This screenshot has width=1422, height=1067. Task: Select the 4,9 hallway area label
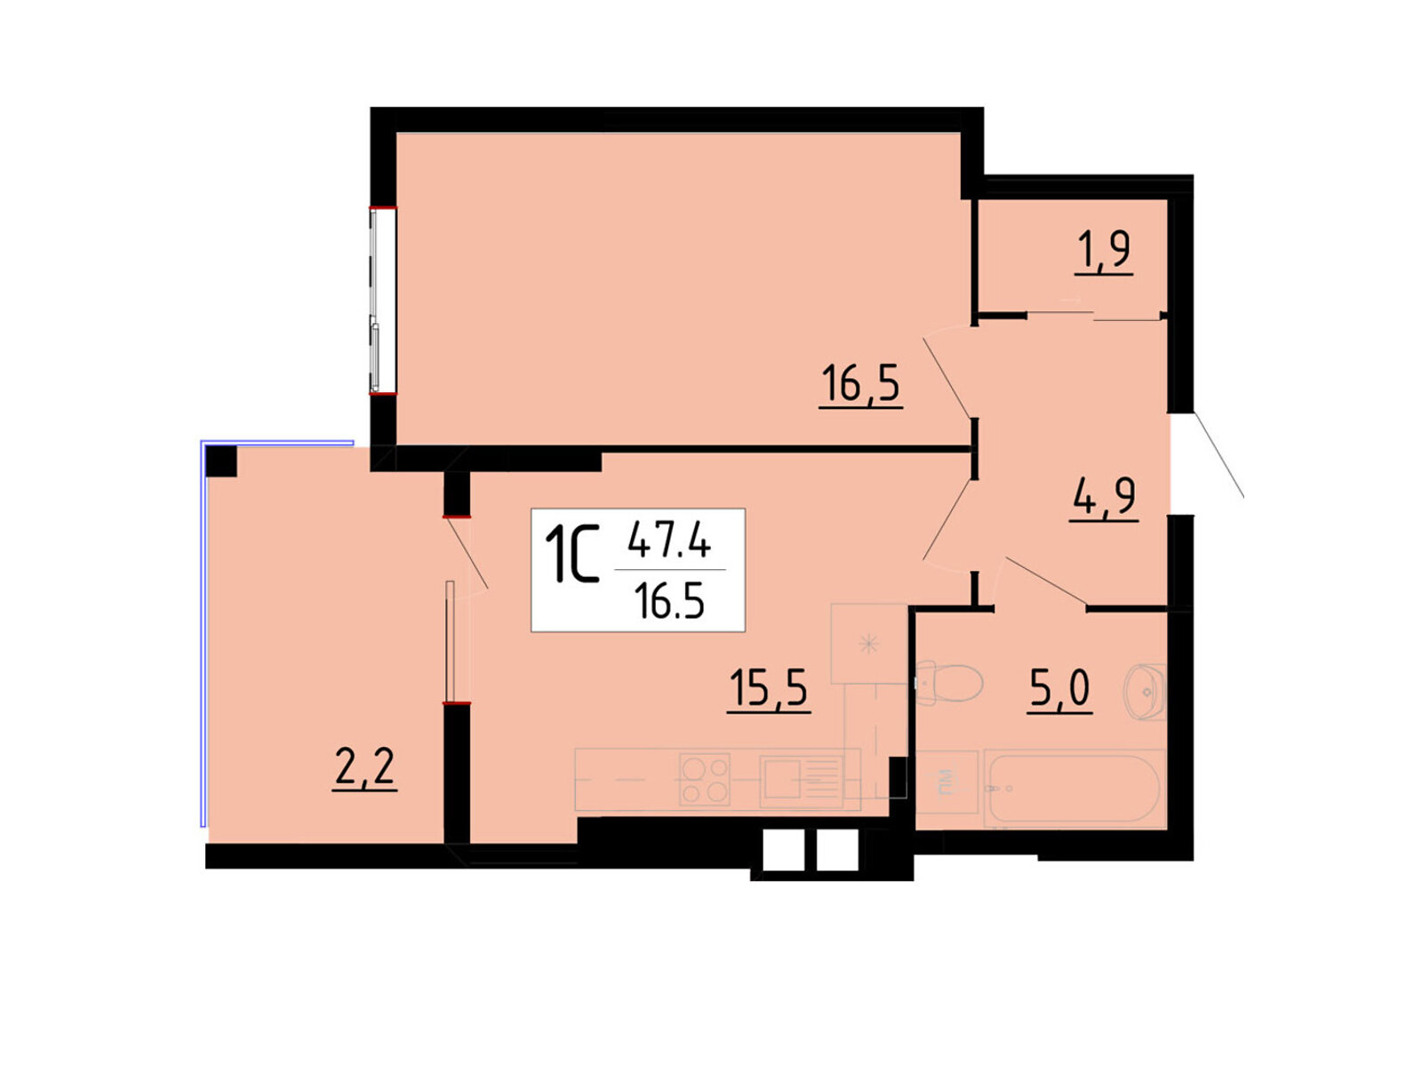(x=1104, y=497)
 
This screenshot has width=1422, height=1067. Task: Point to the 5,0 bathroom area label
(x=1059, y=688)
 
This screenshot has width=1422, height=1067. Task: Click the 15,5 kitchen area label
(x=769, y=688)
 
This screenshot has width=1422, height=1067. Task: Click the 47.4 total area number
(x=669, y=540)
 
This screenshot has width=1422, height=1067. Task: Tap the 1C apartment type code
(x=571, y=554)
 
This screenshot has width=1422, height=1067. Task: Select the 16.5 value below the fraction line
(x=669, y=600)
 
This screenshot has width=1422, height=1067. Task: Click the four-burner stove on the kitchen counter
(x=704, y=780)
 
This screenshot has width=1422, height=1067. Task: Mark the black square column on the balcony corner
(x=221, y=461)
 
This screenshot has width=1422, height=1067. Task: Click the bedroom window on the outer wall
(x=383, y=300)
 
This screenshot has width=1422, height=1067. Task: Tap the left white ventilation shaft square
(x=783, y=851)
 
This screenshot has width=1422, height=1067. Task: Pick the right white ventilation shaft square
(x=838, y=851)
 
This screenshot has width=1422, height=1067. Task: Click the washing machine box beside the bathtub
(x=947, y=781)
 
